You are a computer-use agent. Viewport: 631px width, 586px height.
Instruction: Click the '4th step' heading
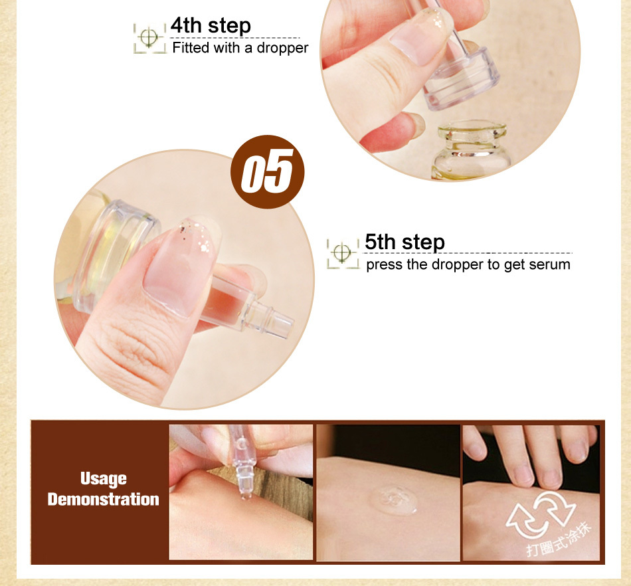pos(211,26)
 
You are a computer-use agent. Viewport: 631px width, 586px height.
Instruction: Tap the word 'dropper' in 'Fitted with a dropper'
pos(282,49)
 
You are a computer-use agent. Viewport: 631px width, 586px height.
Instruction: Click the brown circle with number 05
pos(267,172)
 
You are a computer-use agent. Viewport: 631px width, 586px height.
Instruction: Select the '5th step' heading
pos(405,243)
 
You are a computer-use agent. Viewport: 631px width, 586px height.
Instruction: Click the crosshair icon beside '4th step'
pos(149,38)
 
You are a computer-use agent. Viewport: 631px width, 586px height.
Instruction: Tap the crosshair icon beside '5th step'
pos(343,253)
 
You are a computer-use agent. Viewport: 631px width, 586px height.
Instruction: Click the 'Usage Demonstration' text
pos(104,489)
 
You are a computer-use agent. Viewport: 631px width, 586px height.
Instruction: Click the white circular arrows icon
pos(541,514)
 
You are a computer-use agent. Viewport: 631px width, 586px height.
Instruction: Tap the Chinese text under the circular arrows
pos(559,539)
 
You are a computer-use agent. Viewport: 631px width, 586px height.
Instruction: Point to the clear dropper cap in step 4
pos(461,79)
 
